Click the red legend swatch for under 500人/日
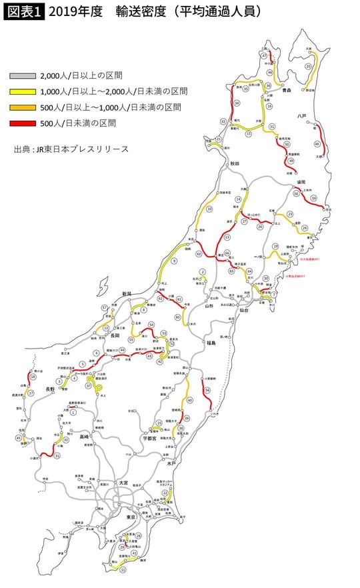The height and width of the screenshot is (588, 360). (x=24, y=123)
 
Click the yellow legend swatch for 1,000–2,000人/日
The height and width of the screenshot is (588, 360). (x=24, y=91)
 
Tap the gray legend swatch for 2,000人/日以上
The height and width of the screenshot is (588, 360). (x=24, y=75)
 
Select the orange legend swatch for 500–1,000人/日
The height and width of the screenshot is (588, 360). (x=24, y=107)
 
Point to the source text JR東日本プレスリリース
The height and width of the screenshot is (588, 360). (x=71, y=149)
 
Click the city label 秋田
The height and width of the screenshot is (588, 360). (x=234, y=163)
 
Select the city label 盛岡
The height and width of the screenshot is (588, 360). (x=301, y=181)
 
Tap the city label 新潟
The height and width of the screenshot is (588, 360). (x=127, y=293)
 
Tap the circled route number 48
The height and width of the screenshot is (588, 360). (x=317, y=143)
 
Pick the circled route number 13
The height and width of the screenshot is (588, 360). (x=227, y=237)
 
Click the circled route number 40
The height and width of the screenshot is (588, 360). (x=190, y=400)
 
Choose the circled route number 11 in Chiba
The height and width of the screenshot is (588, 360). (x=123, y=569)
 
